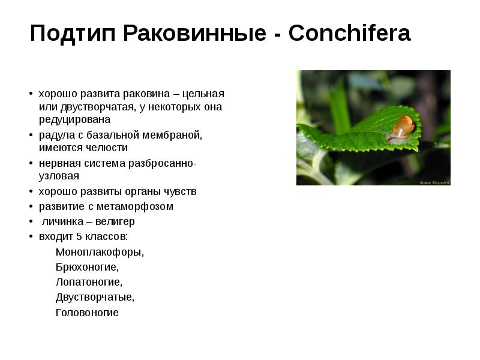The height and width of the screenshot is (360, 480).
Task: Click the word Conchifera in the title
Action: [349, 34]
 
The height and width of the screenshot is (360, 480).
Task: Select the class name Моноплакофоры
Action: [100, 252]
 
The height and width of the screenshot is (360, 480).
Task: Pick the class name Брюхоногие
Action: [87, 267]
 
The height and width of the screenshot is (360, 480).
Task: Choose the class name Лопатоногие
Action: [89, 282]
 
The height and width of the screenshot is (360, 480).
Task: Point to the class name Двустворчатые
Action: [95, 297]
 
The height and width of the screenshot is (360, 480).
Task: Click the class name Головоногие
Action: [87, 313]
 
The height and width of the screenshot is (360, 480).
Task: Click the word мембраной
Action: [170, 135]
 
